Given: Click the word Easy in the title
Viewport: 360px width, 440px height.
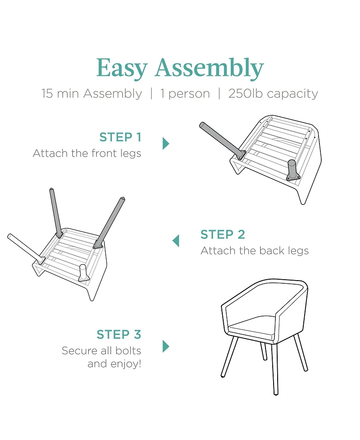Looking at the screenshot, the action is (x=121, y=68).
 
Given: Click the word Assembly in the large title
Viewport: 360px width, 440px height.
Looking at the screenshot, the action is (x=209, y=68).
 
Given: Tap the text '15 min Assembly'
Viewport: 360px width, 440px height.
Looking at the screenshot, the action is (x=92, y=94).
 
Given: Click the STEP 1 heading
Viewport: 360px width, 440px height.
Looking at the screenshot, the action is (x=120, y=137).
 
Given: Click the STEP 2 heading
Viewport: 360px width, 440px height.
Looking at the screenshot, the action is (x=223, y=235).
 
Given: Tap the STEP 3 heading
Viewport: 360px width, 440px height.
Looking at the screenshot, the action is (x=119, y=335).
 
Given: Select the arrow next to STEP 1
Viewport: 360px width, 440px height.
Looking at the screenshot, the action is (x=166, y=143).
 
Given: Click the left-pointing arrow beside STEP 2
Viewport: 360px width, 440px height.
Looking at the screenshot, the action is (x=176, y=241).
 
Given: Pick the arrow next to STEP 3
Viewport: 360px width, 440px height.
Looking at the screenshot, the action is (x=166, y=346).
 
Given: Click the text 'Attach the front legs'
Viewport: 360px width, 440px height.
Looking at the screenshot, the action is (x=87, y=154).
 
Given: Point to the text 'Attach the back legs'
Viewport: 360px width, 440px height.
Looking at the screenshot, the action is (x=255, y=251).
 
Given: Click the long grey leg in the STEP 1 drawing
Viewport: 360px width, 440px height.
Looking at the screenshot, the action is (x=221, y=141).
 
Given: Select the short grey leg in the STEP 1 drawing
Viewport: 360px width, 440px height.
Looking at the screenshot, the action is (x=292, y=170).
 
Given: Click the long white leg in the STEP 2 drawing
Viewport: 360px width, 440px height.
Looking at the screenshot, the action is (x=25, y=249).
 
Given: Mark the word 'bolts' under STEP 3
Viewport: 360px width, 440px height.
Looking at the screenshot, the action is (x=128, y=351).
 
